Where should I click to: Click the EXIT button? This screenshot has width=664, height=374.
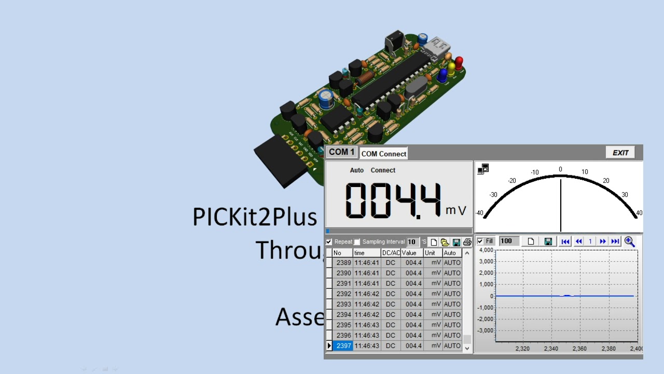(620, 153)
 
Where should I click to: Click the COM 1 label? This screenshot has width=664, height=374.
(342, 152)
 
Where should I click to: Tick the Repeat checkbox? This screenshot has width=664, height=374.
(329, 242)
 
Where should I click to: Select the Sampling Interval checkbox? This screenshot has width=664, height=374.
(357, 242)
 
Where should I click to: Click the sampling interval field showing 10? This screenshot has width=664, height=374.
(412, 242)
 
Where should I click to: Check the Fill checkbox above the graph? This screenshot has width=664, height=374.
(480, 241)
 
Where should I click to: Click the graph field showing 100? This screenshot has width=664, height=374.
(508, 241)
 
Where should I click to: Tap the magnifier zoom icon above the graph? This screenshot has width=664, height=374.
(629, 241)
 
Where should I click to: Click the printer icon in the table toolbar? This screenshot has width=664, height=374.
(467, 242)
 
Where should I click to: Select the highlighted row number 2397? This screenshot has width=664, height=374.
(343, 345)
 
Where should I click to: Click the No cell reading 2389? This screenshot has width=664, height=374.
(343, 263)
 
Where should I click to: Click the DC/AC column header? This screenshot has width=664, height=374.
(391, 253)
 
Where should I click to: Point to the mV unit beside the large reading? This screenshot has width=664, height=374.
(456, 210)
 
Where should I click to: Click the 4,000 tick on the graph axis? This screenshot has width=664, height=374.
(486, 250)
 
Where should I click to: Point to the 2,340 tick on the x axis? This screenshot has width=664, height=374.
(551, 349)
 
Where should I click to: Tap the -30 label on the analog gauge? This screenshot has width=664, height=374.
(493, 195)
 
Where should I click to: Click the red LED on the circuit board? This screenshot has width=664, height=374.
(459, 63)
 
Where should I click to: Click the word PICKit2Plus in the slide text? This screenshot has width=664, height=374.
(254, 217)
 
